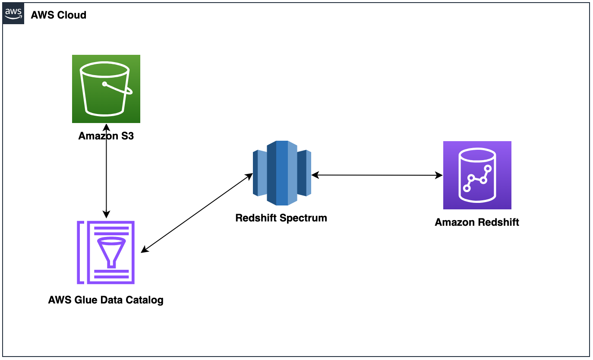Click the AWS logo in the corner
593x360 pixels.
point(13,14)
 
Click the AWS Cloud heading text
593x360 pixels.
point(58,15)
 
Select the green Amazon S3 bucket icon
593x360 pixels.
point(106,89)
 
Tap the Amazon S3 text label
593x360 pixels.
point(106,136)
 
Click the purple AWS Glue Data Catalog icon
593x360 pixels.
point(106,253)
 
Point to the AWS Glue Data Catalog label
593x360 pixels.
point(106,300)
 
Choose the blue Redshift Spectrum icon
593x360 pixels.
point(282,173)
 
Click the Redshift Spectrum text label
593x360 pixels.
point(281,218)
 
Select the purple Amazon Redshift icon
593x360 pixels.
point(477,175)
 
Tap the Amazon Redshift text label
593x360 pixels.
point(477,223)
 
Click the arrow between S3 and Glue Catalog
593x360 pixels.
point(106,173)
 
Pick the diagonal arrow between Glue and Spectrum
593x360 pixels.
point(197,213)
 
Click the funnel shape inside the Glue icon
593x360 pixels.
point(112,250)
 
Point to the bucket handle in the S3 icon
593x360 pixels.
point(117,88)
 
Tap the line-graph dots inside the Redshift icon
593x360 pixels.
point(477,177)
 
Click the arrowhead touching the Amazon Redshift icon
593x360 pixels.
point(440,175)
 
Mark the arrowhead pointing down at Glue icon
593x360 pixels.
point(106,214)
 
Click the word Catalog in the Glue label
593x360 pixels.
point(146,300)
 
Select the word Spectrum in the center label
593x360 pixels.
point(304,218)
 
